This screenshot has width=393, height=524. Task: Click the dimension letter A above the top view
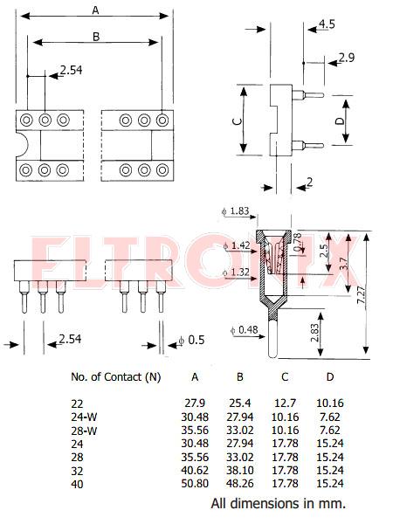point(95,10)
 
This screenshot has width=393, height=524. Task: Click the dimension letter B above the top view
point(96,37)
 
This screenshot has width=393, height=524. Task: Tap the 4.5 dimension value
point(327,24)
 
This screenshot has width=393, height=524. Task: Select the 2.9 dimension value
point(347,58)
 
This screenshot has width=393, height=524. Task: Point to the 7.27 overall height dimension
point(362,295)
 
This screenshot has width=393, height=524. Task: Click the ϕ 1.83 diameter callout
point(236,211)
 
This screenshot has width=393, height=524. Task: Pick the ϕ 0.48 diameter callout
point(245,330)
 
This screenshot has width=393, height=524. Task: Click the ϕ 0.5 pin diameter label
point(191,340)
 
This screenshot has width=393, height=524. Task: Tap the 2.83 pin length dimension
point(315,333)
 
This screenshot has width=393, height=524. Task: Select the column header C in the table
point(285,377)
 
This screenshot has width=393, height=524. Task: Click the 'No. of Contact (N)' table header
point(116,377)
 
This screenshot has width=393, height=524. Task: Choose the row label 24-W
point(84,417)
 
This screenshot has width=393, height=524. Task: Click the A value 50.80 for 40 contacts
point(195,484)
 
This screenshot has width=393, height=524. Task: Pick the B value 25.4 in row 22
point(240,403)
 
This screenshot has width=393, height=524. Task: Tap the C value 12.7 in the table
point(285,403)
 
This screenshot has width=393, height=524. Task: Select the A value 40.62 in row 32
point(195,470)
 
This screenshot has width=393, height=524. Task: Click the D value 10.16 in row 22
point(330,403)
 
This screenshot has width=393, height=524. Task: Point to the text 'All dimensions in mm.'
point(278,503)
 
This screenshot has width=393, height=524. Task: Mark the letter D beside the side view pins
point(339,121)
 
